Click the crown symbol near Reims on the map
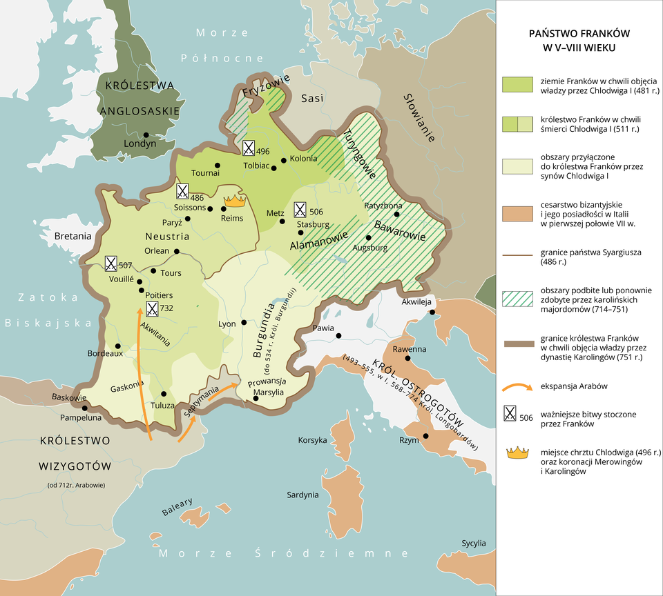(236, 201)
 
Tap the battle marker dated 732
(152, 309)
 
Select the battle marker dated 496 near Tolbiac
(248, 148)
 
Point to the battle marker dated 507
(110, 264)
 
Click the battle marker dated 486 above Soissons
(182, 191)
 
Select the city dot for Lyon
(244, 323)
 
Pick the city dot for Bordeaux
(118, 346)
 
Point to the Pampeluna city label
(81, 417)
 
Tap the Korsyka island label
(312, 439)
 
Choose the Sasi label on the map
(312, 99)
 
